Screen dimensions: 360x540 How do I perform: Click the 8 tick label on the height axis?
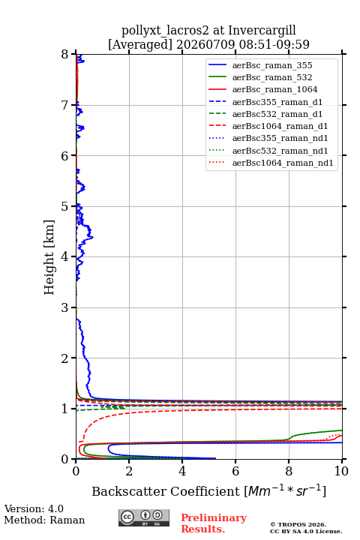tap(65, 54)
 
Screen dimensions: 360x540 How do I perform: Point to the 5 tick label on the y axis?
tap(65, 206)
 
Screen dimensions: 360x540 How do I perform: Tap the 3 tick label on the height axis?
tap(65, 307)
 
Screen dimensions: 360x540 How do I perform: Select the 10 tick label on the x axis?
tap(342, 471)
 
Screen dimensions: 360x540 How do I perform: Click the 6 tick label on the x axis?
tap(235, 471)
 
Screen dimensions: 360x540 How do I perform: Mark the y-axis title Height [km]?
tap(49, 257)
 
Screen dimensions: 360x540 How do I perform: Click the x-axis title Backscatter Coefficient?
tap(166, 491)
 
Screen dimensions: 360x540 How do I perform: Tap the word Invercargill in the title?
tap(262, 31)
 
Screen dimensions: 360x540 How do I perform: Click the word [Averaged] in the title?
tap(140, 45)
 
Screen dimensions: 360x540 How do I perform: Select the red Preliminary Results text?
tap(214, 523)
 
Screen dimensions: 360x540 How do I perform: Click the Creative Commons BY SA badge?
tap(144, 518)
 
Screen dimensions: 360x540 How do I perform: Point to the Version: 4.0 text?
tap(34, 509)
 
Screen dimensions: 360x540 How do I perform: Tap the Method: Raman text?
tap(44, 520)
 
